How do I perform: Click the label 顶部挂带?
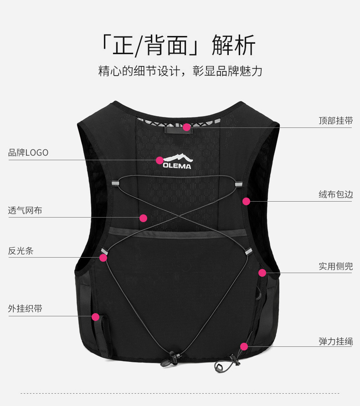pos(335,121)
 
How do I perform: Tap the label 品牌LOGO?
pos(28,152)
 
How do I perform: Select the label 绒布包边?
pos(335,195)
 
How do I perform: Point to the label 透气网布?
pos(25,211)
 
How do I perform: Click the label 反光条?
pos(21,250)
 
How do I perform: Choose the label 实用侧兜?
pos(335,266)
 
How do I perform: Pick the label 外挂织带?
pos(25,309)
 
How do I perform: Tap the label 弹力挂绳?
pos(335,341)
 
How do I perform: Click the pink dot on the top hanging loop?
pos(186,127)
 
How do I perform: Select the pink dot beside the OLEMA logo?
pos(159,160)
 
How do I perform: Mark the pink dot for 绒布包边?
pos(246,201)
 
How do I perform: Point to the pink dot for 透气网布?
pos(143,218)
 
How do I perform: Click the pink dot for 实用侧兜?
pos(262,273)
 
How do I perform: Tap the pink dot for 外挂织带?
pos(95,317)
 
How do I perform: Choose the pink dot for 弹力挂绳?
pos(244,346)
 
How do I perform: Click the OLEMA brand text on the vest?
pos(177,166)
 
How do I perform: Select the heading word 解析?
pos(234,45)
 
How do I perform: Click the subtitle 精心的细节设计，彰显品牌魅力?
pos(180,71)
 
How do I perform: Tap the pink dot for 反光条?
pos(103,258)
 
